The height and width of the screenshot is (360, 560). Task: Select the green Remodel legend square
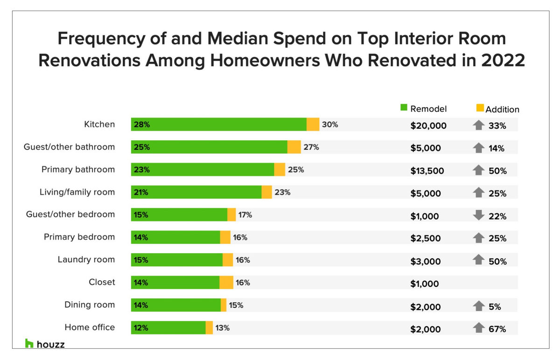tap(404, 108)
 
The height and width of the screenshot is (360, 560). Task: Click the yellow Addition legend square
tap(480, 108)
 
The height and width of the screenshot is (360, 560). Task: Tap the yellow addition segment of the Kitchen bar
tap(313, 125)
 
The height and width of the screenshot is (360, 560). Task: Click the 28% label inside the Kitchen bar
tap(141, 125)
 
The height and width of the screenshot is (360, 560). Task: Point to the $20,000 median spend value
tap(428, 125)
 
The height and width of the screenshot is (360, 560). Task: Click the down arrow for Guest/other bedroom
tap(478, 215)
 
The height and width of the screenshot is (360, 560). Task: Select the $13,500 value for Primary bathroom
tap(427, 171)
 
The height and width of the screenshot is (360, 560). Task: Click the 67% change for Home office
tap(497, 329)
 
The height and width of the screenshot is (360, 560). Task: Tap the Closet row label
tap(102, 282)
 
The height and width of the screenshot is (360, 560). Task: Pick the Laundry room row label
tap(86, 259)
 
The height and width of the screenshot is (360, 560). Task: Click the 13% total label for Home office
tap(223, 328)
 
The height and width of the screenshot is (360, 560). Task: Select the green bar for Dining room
tap(175, 305)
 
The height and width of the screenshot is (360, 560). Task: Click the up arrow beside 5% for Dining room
tap(478, 306)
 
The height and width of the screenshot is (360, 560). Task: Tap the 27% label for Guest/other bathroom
tap(311, 147)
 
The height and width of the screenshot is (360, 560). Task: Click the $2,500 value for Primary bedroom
tap(426, 238)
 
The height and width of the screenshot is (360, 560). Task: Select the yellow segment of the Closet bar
tap(226, 283)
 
